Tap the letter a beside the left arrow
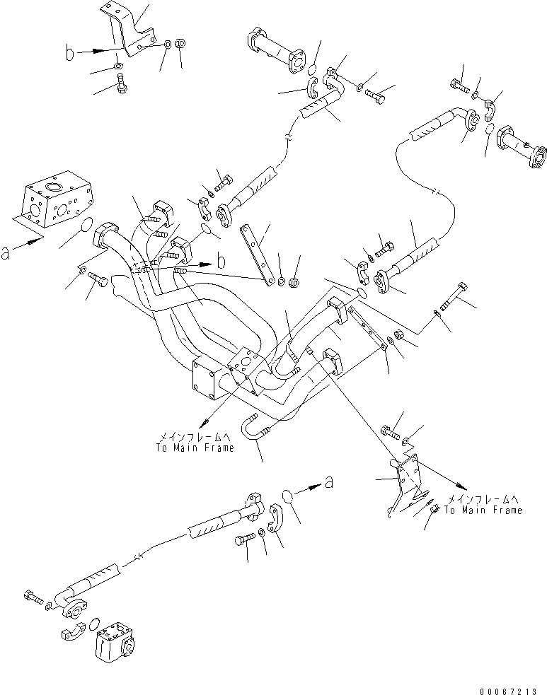click(6, 253)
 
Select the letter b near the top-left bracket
click(68, 52)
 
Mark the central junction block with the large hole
click(246, 367)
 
